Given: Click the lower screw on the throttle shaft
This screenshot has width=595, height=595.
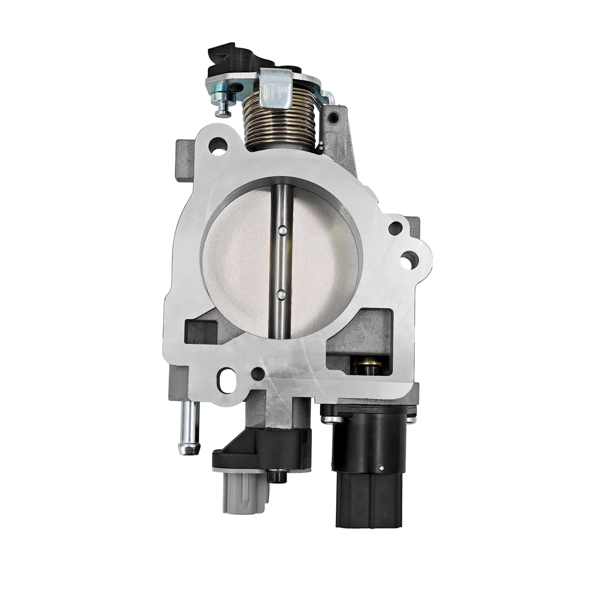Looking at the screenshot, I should click(281, 294).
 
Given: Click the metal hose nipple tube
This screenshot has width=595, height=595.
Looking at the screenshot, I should click(189, 433).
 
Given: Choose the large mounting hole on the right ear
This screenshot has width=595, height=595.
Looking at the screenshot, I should click(408, 258).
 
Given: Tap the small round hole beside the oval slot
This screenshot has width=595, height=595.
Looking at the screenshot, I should click(258, 373).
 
